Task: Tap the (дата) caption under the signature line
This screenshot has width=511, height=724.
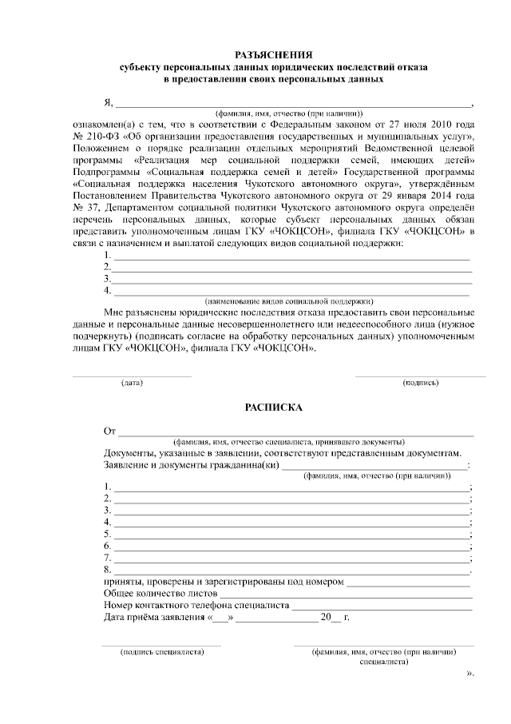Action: click(x=132, y=383)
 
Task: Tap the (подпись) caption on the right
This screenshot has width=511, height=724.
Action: click(x=420, y=383)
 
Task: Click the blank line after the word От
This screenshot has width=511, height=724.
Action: click(x=295, y=432)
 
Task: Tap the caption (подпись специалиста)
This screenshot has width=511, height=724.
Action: click(x=162, y=651)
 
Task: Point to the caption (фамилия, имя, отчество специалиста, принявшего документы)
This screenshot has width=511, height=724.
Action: click(x=288, y=442)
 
